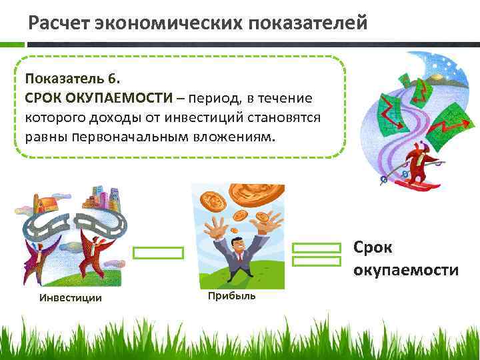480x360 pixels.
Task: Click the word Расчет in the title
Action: [59, 23]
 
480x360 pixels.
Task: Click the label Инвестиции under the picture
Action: [71, 297]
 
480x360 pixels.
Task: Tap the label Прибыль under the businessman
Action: [231, 295]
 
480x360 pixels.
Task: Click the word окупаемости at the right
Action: [406, 270]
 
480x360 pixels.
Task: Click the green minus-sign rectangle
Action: [158, 253]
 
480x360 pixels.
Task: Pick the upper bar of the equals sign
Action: [317, 248]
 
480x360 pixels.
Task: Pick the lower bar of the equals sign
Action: [317, 262]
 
